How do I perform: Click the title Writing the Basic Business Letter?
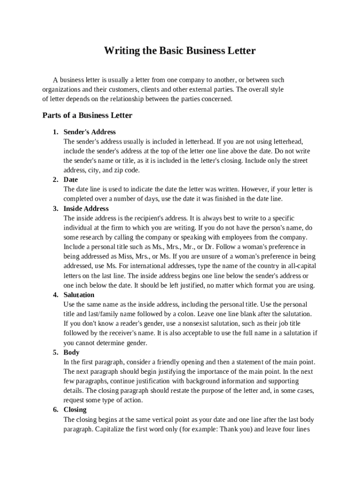pos(180,51)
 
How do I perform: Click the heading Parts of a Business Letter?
pos(87,115)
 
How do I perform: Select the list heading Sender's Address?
pos(89,132)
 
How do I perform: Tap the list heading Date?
pos(71,180)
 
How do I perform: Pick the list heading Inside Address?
pos(86,209)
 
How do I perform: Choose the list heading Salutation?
pos(79,295)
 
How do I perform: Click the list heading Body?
pos(72,352)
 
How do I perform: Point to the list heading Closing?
pos(75,410)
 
